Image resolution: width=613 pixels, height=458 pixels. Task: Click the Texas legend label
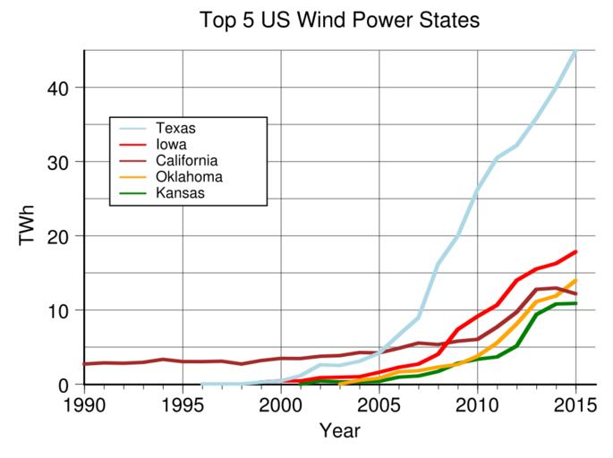point(175,128)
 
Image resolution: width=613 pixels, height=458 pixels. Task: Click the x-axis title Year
point(339,431)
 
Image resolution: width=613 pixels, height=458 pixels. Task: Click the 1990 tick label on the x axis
point(84,404)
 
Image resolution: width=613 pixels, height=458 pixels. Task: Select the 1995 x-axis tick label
point(183,404)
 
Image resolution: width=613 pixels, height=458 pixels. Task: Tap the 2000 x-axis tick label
point(281,404)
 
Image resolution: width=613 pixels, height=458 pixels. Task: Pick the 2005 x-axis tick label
point(379,404)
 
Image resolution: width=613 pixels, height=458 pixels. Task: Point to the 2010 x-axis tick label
point(478,404)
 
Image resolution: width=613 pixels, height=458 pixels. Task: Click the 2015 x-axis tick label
point(575,404)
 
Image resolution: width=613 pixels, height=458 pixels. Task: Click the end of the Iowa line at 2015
point(576,252)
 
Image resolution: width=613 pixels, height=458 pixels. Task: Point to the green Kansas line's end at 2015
point(576,303)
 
